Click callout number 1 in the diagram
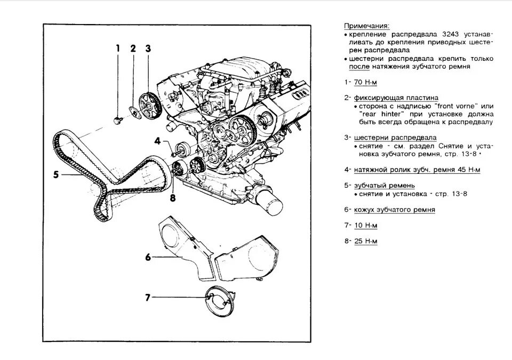(118, 49)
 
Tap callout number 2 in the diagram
(133, 49)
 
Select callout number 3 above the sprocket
(148, 49)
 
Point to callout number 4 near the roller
(157, 141)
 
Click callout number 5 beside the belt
(55, 174)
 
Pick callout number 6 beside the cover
(148, 257)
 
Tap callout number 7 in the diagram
(148, 297)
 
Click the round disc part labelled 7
(221, 301)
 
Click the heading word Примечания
(366, 26)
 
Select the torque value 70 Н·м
(365, 83)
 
